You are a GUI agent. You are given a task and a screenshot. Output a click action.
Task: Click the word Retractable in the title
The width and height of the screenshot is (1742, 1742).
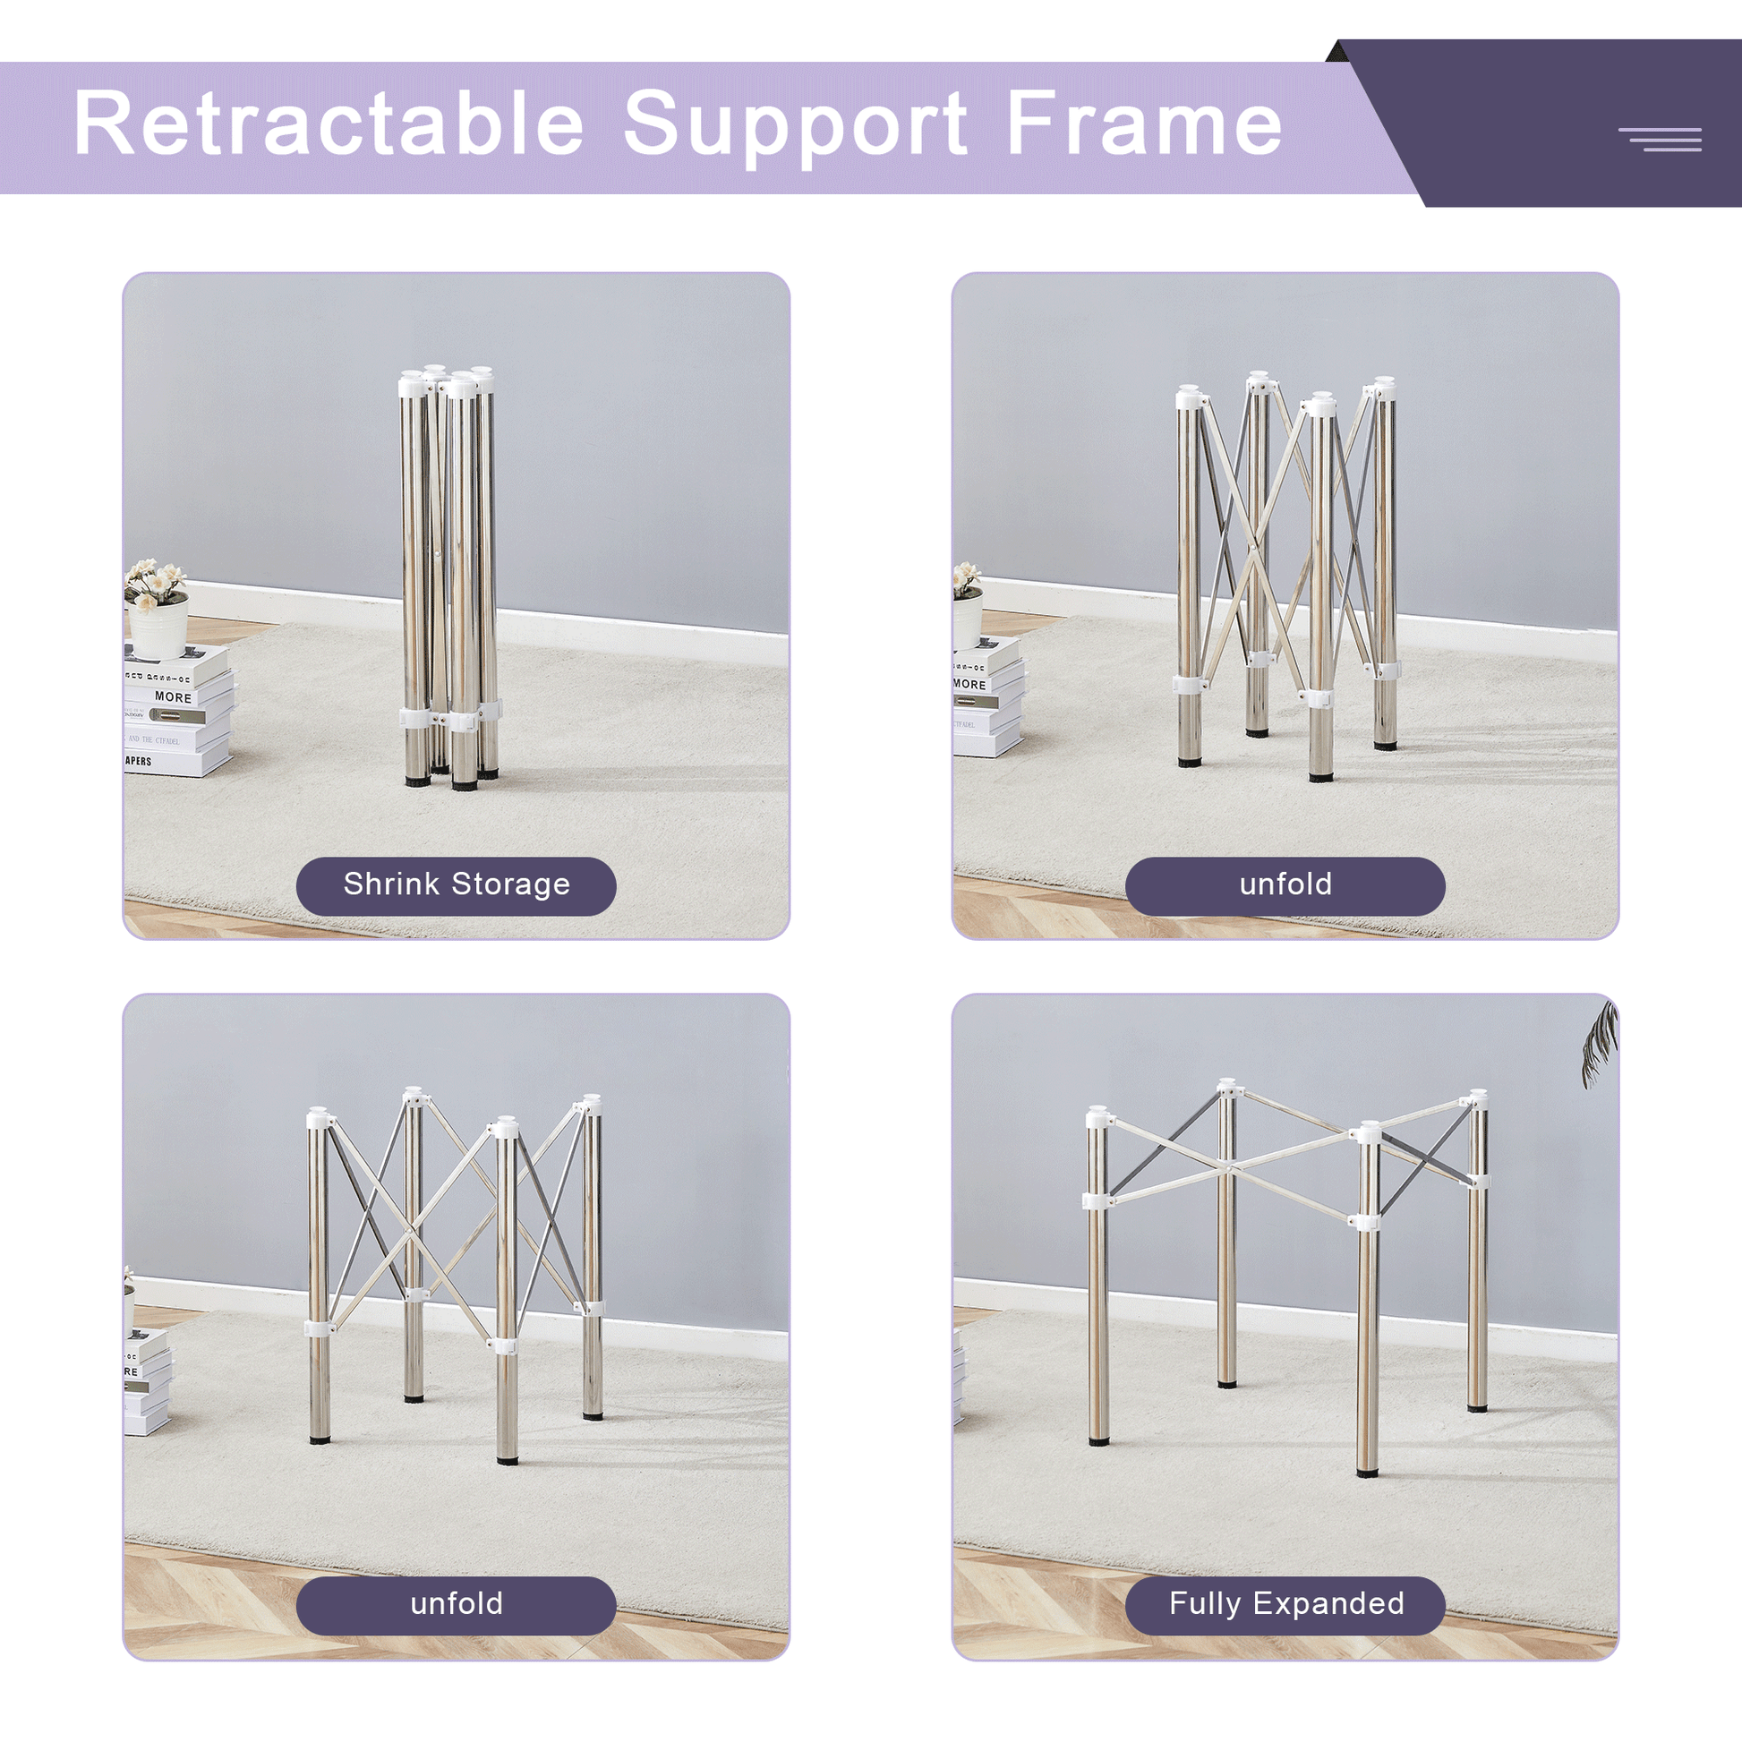[329, 124]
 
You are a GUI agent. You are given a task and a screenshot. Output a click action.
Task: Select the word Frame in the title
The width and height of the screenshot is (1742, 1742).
[1143, 124]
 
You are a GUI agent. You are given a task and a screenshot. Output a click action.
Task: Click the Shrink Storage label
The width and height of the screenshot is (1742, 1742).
[457, 884]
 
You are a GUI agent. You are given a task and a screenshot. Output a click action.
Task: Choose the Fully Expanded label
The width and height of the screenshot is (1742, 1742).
[1285, 1603]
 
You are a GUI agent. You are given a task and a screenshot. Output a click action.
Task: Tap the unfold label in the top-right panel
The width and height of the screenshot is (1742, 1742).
[1285, 884]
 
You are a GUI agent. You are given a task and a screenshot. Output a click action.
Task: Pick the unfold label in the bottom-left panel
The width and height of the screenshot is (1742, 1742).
[457, 1603]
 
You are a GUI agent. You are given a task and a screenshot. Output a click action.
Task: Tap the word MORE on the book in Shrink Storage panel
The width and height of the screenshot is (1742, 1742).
[172, 697]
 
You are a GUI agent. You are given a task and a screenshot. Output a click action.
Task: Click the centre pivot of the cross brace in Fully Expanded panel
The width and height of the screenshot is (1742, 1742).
[1228, 1168]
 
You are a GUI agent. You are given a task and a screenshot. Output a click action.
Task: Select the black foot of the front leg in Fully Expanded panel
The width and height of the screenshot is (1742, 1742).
[1368, 1473]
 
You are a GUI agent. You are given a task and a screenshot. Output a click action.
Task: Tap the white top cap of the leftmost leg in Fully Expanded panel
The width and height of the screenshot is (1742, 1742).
[1098, 1118]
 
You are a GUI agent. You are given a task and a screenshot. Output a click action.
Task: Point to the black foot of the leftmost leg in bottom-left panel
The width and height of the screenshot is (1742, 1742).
[320, 1440]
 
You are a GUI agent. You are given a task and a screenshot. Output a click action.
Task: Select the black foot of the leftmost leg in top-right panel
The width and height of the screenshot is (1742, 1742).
[1191, 763]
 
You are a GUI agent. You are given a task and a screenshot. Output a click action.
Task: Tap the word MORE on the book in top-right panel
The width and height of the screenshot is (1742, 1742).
[969, 684]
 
